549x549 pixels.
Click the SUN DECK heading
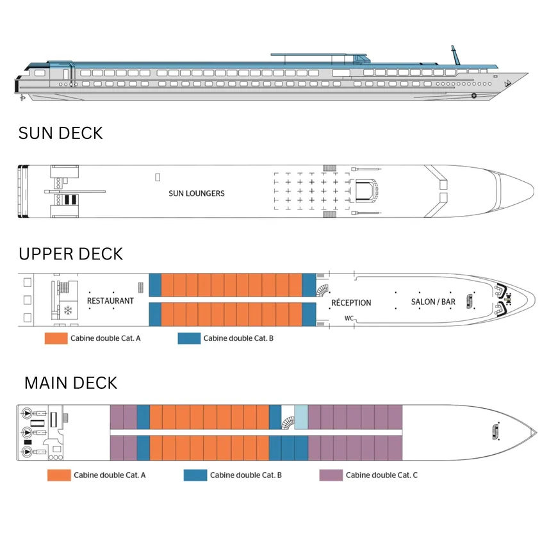click(60, 133)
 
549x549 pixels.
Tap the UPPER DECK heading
click(70, 254)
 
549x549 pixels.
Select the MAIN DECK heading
click(70, 383)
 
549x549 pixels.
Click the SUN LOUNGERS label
click(197, 193)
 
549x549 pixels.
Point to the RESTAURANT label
click(110, 300)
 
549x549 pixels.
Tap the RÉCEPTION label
click(351, 302)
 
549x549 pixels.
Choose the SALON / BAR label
click(433, 302)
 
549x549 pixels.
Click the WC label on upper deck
click(348, 318)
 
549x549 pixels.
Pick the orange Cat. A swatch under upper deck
click(56, 338)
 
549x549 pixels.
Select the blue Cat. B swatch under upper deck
click(189, 338)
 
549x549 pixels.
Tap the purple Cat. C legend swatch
click(331, 475)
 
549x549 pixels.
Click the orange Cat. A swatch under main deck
click(58, 475)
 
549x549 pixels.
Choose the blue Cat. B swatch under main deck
click(195, 475)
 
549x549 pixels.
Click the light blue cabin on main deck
click(301, 417)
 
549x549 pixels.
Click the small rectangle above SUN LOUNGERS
click(158, 177)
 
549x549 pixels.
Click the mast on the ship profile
click(455, 55)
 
